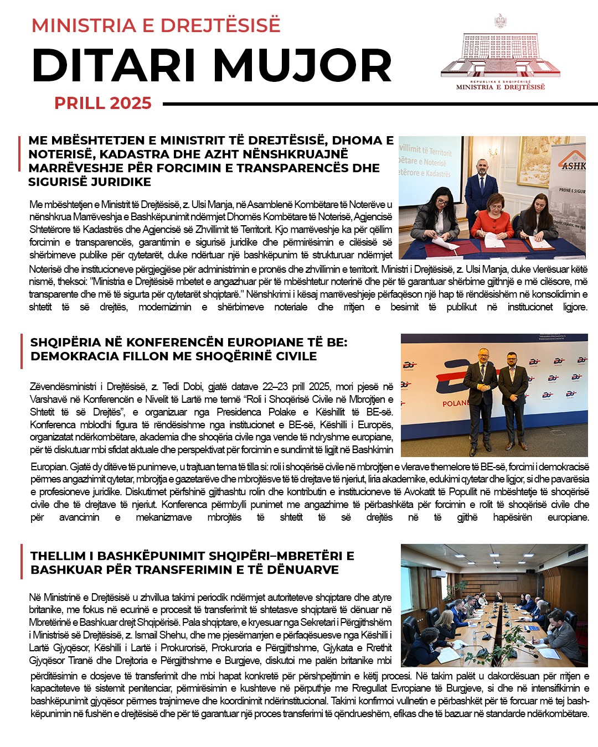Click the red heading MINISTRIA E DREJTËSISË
[x=156, y=25]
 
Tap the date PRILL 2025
[x=103, y=103]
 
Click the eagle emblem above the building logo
[x=501, y=21]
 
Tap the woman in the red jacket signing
[x=492, y=221]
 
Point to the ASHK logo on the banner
[x=573, y=165]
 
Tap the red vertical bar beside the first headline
[x=20, y=161]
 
